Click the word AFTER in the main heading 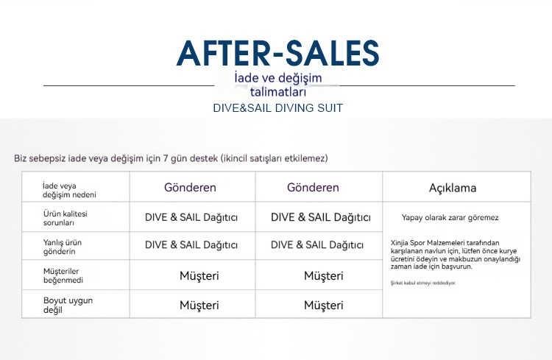[x=223, y=54]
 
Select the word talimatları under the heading [x=278, y=92]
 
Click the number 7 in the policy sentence [x=165, y=158]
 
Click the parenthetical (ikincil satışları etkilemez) [x=275, y=158]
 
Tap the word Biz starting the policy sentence [x=21, y=158]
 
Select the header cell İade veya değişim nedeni [x=69, y=190]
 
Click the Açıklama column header [x=453, y=188]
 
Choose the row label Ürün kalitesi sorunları [x=65, y=218]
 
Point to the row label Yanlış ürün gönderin [x=63, y=247]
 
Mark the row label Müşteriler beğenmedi [x=63, y=275]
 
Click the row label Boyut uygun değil [x=68, y=305]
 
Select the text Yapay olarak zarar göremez [x=450, y=218]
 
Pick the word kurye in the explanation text [x=507, y=251]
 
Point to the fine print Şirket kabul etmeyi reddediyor [x=423, y=283]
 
